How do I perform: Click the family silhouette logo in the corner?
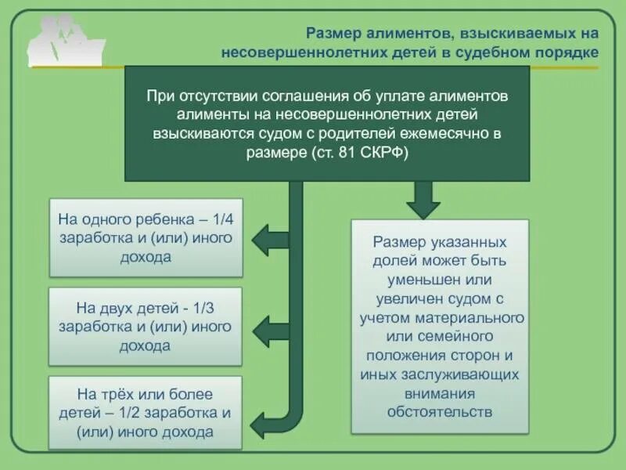click(x=66, y=39)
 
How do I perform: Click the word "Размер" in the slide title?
click(x=332, y=33)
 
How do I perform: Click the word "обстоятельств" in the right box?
click(x=439, y=411)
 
